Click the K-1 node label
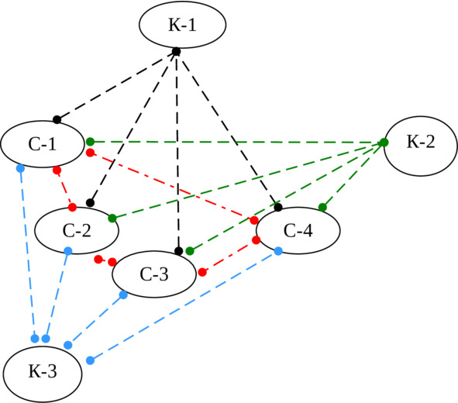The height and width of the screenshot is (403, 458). pos(182,25)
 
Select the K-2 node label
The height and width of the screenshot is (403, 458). pos(421,142)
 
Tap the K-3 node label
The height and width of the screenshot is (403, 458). pos(43,371)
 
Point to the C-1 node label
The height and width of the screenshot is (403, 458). pos(43,144)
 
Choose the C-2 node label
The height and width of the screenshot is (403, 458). pos(77,230)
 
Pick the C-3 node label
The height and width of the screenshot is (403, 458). pos(154,274)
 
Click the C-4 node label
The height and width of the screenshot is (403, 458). pos(298,230)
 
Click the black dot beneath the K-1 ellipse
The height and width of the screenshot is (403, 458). pos(176,52)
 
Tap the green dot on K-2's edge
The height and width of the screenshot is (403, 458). pos(384,143)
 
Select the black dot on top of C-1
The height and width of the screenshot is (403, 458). pos(57,119)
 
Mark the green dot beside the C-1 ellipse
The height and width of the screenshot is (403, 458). pos(90,142)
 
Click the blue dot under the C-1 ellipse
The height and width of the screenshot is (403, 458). pos(20,168)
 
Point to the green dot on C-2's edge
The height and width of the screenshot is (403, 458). pos(112,218)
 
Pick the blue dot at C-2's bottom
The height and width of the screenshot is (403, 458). pos(67,251)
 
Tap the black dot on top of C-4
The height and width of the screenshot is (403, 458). pos(278,208)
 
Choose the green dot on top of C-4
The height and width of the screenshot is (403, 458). pos(322,208)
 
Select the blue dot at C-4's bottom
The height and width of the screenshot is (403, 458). pos(278,251)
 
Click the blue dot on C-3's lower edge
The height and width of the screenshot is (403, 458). pos(123,295)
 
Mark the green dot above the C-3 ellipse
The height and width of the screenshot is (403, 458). pos(190,251)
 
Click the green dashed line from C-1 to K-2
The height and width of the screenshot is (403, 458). pos(237,143)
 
